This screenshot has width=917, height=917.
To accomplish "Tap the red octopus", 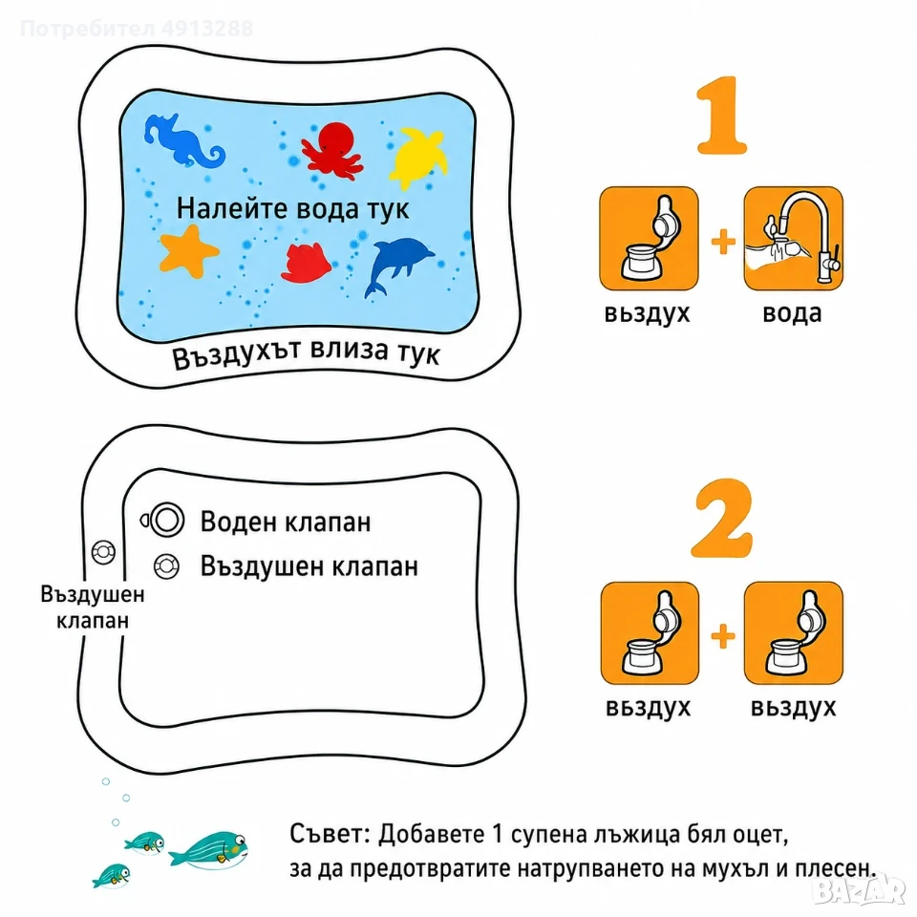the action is pyautogui.click(x=331, y=150).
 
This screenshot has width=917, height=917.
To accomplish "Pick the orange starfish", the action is pyautogui.click(x=188, y=251).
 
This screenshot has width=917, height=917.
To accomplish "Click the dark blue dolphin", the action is pyautogui.click(x=397, y=264).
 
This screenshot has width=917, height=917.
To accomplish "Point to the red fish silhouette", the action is pyautogui.click(x=306, y=263).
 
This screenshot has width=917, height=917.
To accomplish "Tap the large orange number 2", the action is pyautogui.click(x=722, y=518).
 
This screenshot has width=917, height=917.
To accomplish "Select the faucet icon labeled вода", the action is pyautogui.click(x=793, y=238).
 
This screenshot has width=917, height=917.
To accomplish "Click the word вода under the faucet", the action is pyautogui.click(x=793, y=313).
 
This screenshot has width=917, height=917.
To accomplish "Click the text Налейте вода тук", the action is pyautogui.click(x=292, y=209).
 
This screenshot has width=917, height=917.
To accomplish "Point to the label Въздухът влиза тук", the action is pyautogui.click(x=306, y=352).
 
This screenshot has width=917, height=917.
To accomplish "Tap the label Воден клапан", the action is pyautogui.click(x=286, y=522).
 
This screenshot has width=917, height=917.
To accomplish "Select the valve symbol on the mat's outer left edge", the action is pyautogui.click(x=103, y=552).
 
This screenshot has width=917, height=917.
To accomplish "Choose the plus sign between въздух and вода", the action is pyautogui.click(x=723, y=241).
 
